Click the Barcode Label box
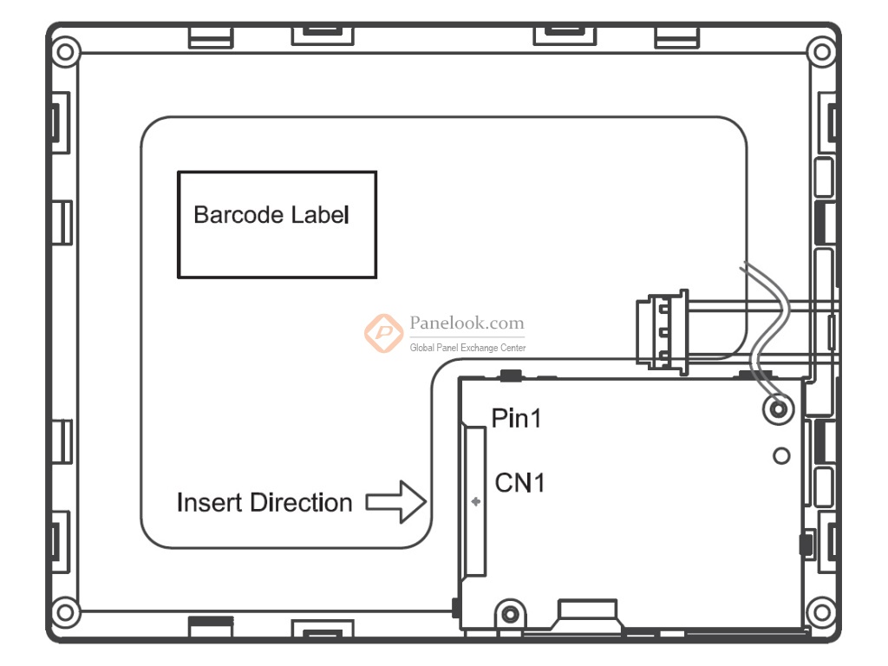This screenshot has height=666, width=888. [x=277, y=224]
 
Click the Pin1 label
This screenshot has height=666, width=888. [x=516, y=419]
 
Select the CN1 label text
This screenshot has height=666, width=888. [x=519, y=483]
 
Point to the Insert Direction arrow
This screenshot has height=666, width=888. [x=398, y=502]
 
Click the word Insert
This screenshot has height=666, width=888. [x=209, y=502]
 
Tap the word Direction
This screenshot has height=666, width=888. [x=302, y=502]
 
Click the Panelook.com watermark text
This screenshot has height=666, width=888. [x=467, y=323]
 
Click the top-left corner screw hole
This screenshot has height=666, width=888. [x=63, y=50]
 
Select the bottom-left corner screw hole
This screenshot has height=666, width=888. [x=63, y=613]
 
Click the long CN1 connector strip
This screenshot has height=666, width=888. [x=474, y=500]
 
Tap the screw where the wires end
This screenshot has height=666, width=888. [x=778, y=407]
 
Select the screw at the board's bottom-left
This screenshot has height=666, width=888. [x=509, y=615]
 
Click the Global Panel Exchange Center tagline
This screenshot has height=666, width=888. [x=467, y=348]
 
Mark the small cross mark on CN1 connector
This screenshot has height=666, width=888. [x=474, y=502]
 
